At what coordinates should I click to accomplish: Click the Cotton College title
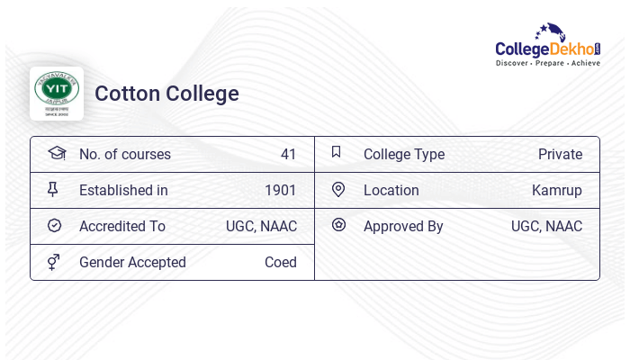(166, 94)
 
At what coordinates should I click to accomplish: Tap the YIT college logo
(57, 93)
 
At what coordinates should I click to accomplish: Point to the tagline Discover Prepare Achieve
(547, 64)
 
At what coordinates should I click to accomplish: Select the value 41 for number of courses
(288, 155)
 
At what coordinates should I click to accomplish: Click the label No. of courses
(125, 155)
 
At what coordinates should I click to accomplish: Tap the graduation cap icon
(57, 153)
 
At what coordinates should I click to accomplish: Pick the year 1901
(280, 191)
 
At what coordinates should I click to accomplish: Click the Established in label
(123, 191)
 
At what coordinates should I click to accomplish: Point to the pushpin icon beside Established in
(53, 190)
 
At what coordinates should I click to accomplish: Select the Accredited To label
(122, 227)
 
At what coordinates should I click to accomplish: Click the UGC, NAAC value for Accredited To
(261, 227)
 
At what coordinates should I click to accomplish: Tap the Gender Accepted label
(132, 263)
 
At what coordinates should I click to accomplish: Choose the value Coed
(280, 263)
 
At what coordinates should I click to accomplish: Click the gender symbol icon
(54, 262)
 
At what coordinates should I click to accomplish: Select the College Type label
(404, 155)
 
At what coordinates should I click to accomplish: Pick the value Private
(560, 155)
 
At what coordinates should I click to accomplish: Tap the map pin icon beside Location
(338, 190)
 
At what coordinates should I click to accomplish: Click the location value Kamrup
(556, 191)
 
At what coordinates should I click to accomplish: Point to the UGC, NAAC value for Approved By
(546, 227)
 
